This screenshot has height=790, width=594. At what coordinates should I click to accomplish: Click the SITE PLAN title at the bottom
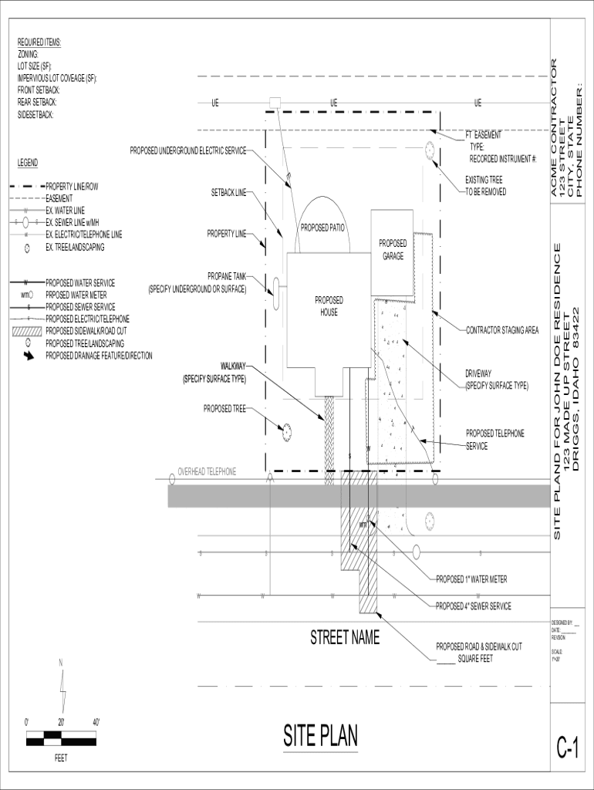(x=320, y=736)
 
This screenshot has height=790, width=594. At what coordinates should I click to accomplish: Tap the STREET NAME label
(x=345, y=638)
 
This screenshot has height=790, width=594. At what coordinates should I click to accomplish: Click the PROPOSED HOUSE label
(x=329, y=306)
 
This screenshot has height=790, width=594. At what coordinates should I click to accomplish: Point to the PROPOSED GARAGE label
(x=393, y=249)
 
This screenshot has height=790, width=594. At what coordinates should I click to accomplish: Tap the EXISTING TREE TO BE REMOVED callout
(x=486, y=185)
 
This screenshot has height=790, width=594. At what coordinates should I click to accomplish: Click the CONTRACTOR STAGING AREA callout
(x=502, y=330)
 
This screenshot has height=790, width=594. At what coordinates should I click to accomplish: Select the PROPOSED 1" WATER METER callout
(x=471, y=579)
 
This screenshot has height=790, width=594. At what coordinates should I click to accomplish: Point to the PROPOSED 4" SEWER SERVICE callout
(x=473, y=606)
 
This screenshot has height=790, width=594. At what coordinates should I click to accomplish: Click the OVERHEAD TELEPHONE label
(x=207, y=471)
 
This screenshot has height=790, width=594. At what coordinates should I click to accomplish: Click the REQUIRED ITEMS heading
(x=39, y=42)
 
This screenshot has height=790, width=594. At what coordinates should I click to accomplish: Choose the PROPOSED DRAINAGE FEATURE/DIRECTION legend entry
(x=99, y=356)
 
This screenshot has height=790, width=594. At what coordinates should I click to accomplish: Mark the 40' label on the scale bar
(x=96, y=722)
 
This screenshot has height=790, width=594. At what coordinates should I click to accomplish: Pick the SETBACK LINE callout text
(x=228, y=193)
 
